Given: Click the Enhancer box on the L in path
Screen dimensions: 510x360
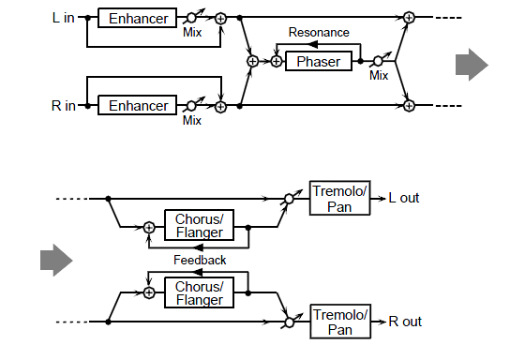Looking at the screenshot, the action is click(x=137, y=18).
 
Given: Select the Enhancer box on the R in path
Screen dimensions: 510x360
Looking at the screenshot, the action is click(x=137, y=105).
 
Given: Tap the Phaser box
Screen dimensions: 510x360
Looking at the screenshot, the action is click(x=319, y=61).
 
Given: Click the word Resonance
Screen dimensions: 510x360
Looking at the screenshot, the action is click(x=319, y=32).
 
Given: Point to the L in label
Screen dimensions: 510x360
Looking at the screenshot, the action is click(x=64, y=18).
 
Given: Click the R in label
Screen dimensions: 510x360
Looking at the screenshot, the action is click(x=64, y=106).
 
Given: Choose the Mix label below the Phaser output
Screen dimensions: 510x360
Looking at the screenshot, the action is click(x=379, y=75).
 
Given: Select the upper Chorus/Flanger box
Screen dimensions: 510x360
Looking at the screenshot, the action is click(x=200, y=225).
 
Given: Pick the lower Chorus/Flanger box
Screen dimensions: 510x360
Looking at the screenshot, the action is click(x=200, y=292).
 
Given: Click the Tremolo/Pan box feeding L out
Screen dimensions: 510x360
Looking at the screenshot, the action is click(x=340, y=198).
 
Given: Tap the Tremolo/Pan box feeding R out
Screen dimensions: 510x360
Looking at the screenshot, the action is click(x=340, y=322).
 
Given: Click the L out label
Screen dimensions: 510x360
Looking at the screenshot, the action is click(x=404, y=198).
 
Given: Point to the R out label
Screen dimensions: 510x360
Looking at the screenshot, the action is click(x=405, y=322).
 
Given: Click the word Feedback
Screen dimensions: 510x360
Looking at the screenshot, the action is click(x=200, y=260).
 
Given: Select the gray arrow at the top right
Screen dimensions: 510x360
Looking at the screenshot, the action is click(x=472, y=65).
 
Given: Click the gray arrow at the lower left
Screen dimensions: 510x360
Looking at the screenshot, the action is click(x=56, y=261).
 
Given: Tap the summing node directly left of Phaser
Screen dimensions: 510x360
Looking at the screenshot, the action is click(x=277, y=61).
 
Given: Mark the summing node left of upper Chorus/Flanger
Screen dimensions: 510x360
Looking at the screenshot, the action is click(x=149, y=227).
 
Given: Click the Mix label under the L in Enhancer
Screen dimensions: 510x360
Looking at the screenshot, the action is click(x=192, y=32).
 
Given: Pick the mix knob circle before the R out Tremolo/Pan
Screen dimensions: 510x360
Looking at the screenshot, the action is click(x=289, y=322).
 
